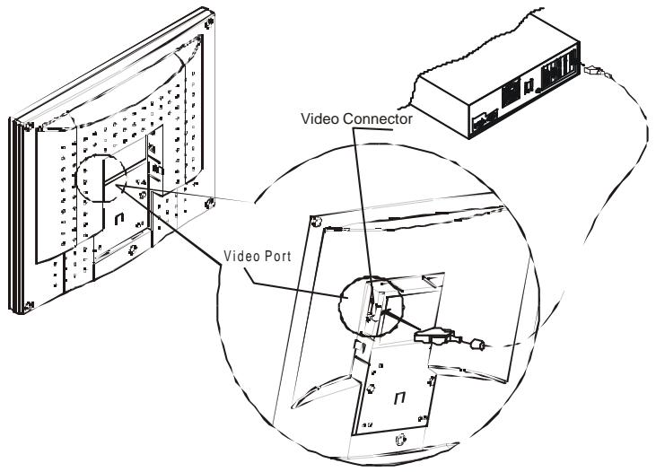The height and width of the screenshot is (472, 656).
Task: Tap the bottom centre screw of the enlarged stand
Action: tap(400, 440)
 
